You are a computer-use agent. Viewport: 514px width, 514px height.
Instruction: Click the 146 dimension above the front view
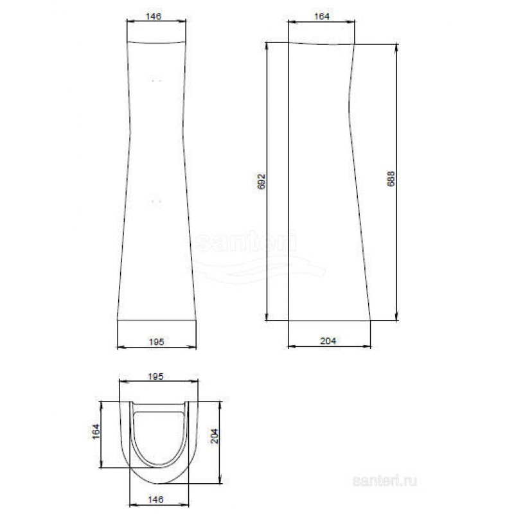click(x=154, y=16)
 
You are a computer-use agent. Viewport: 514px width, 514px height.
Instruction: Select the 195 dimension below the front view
click(x=156, y=342)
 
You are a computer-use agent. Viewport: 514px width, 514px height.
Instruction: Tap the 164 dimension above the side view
click(x=322, y=16)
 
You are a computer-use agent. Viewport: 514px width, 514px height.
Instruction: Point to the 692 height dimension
click(x=261, y=182)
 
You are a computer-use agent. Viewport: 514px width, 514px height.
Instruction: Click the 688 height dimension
click(x=391, y=179)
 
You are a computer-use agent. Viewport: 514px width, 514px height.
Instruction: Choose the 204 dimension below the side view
click(x=328, y=341)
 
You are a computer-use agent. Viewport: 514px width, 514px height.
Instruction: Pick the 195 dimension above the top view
click(x=155, y=377)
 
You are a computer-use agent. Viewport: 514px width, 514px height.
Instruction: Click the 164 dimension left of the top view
click(x=95, y=431)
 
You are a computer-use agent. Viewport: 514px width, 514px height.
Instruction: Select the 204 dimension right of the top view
click(x=215, y=436)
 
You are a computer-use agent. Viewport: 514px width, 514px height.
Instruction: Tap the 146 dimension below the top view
click(x=155, y=500)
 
